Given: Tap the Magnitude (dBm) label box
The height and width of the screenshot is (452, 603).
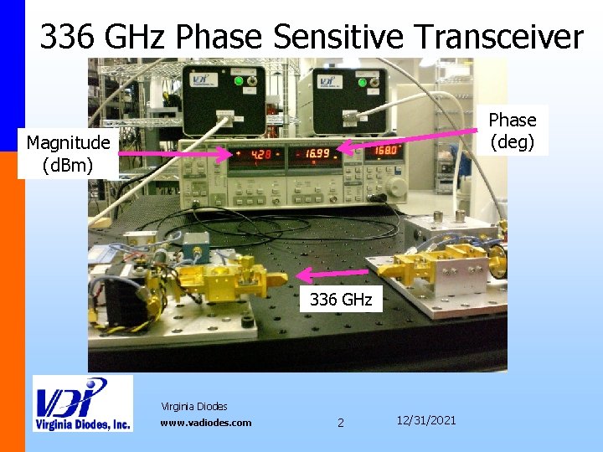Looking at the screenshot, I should pyautogui.click(x=68, y=155).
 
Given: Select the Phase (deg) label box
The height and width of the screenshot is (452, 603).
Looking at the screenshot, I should pyautogui.click(x=513, y=131).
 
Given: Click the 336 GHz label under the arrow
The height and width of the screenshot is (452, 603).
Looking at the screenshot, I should pyautogui.click(x=341, y=300).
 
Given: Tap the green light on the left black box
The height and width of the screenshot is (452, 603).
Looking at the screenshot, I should pyautogui.click(x=239, y=81).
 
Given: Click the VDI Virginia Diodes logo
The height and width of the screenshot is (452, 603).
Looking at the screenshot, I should pyautogui.click(x=82, y=403).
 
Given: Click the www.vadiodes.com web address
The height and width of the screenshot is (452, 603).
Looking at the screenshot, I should pyautogui.click(x=205, y=423).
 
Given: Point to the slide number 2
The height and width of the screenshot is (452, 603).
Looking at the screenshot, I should pyautogui.click(x=340, y=423).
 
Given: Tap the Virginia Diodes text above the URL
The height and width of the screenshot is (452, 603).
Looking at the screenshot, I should pyautogui.click(x=193, y=407).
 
